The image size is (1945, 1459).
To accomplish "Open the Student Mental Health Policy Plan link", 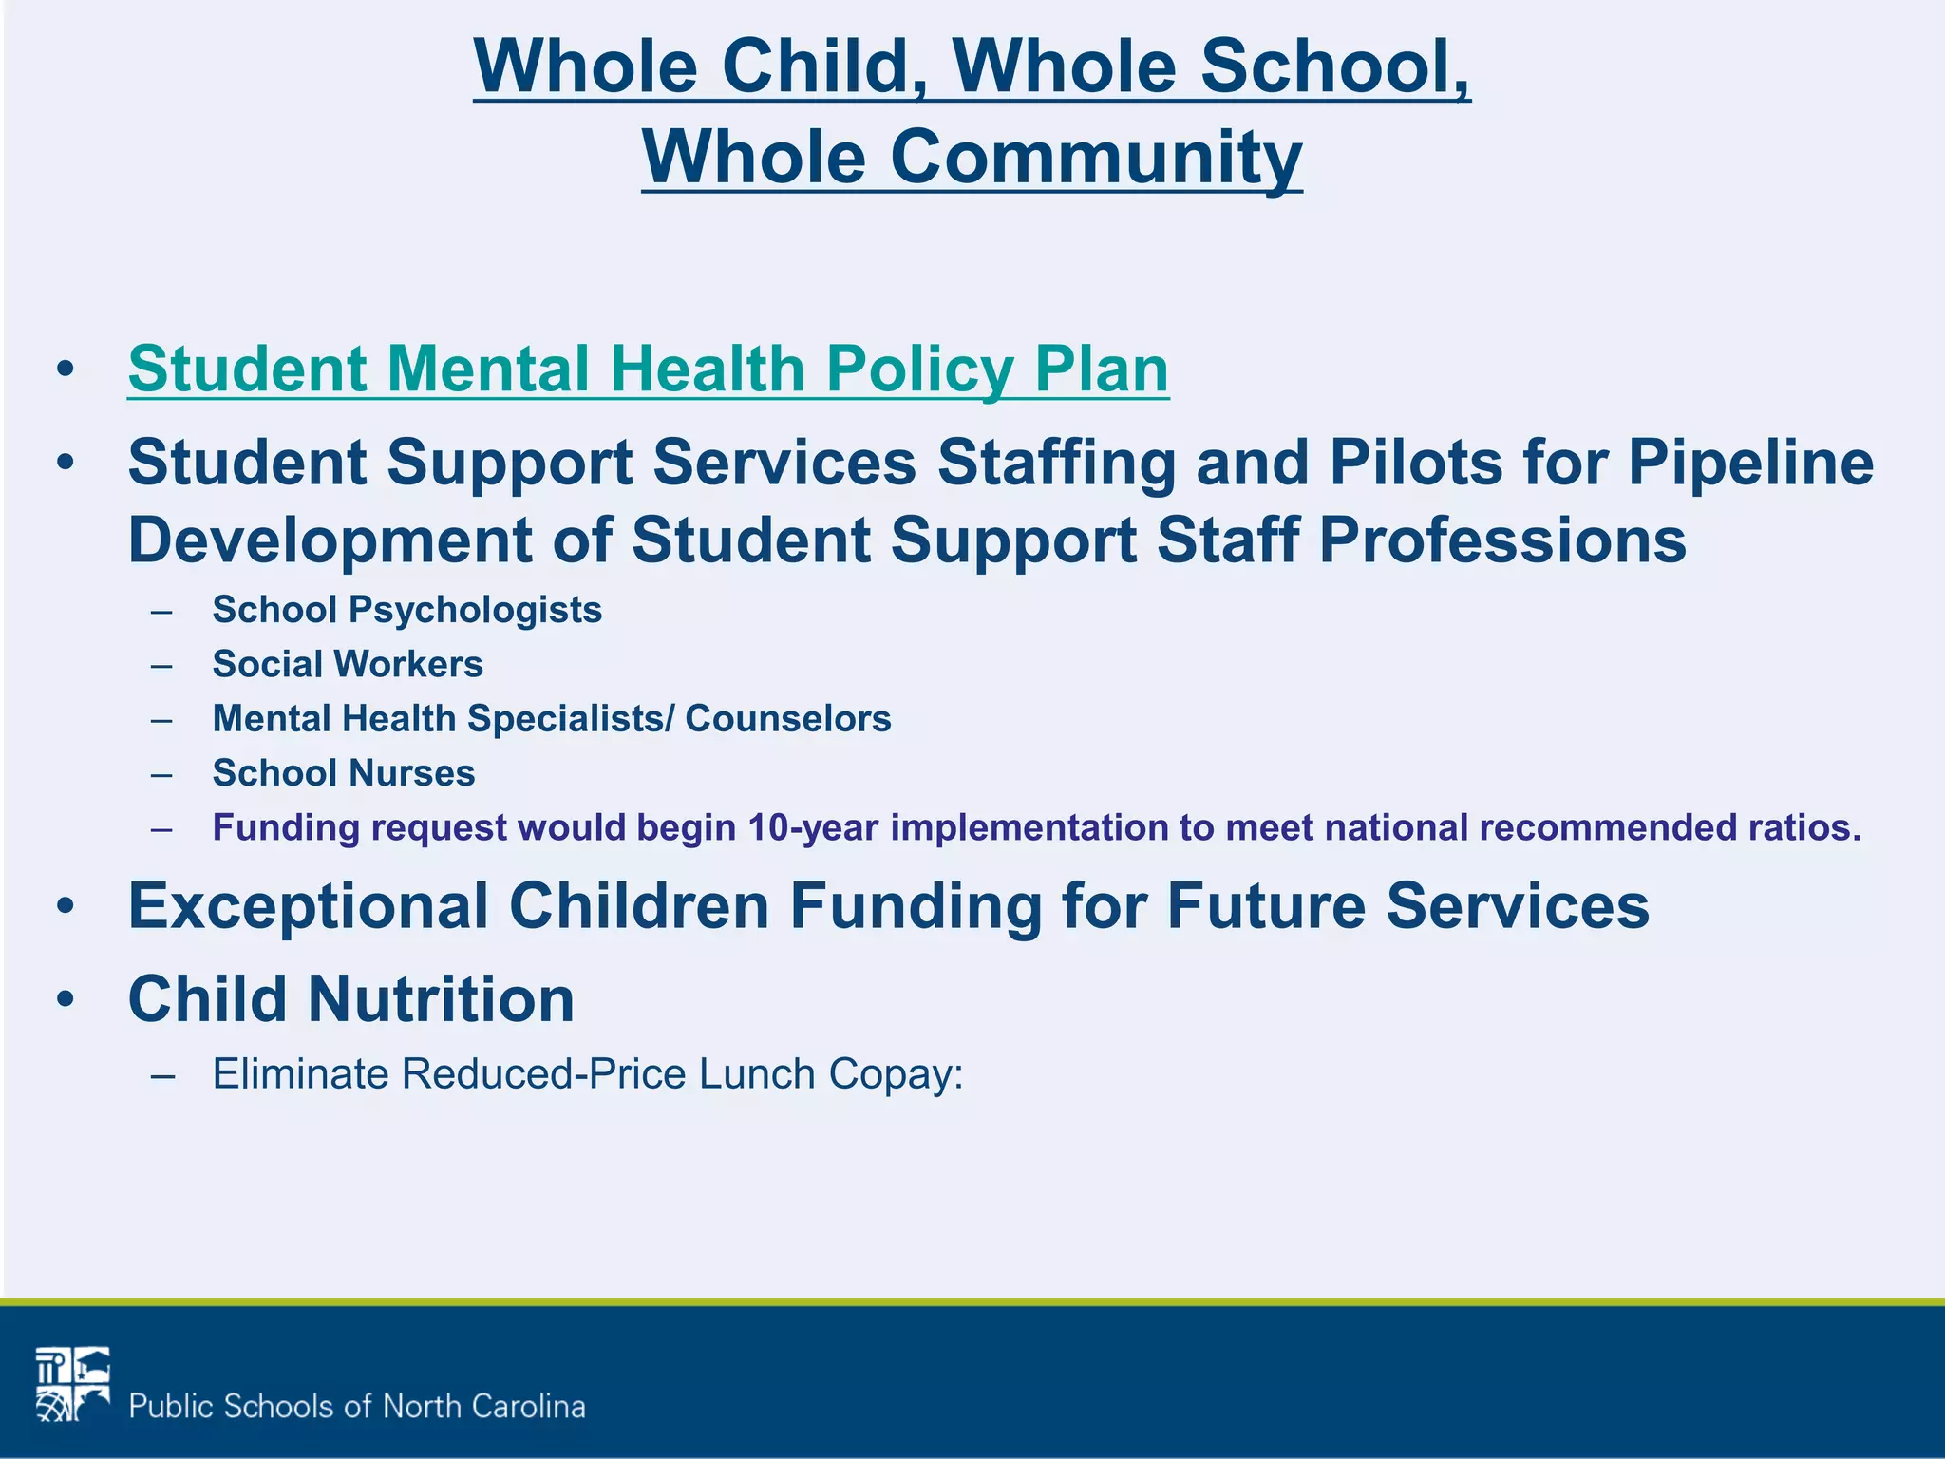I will pyautogui.click(x=648, y=369).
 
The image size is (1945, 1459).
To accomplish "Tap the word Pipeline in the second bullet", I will pyautogui.click(x=1750, y=463).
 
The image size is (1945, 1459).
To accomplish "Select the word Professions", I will pyautogui.click(x=1501, y=540).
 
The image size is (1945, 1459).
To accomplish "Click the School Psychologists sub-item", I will pyautogui.click(x=406, y=610).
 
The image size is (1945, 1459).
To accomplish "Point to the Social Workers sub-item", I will pyautogui.click(x=348, y=664).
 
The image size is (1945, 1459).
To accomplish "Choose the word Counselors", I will pyautogui.click(x=787, y=719).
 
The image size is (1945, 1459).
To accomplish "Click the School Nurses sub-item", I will pyautogui.click(x=343, y=773).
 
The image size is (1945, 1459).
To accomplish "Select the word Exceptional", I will pyautogui.click(x=308, y=906).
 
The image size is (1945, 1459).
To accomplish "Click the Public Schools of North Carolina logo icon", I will pyautogui.click(x=73, y=1384).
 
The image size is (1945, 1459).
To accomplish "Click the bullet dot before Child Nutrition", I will pyautogui.click(x=65, y=999).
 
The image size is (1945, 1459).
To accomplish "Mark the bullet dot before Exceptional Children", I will pyautogui.click(x=65, y=906).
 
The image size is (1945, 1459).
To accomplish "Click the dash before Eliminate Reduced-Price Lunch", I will pyautogui.click(x=162, y=1076).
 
